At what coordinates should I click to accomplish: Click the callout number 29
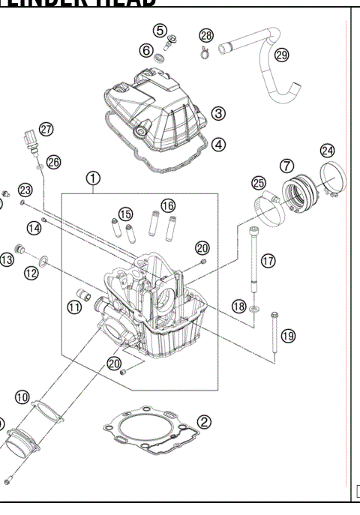(x=282, y=55)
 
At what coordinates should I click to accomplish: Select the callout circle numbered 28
(x=206, y=35)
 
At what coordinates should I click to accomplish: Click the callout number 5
(x=160, y=30)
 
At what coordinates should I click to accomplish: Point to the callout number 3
(x=218, y=113)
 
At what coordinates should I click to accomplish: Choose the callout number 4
(x=218, y=143)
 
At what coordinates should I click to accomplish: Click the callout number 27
(x=46, y=129)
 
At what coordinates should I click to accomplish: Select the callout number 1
(x=92, y=178)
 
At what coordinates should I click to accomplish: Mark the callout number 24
(x=327, y=149)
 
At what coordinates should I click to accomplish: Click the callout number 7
(x=286, y=165)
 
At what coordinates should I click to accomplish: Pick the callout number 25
(x=259, y=183)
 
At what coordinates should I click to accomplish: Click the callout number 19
(x=288, y=335)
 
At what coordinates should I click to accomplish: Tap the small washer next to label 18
(x=257, y=307)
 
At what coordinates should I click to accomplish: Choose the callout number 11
(x=74, y=306)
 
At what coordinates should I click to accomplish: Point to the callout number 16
(x=168, y=205)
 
